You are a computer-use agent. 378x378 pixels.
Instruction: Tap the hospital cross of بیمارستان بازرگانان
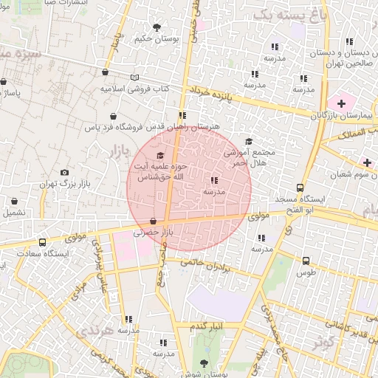pos(341,100)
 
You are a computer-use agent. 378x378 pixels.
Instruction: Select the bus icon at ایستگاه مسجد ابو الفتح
pos(299,188)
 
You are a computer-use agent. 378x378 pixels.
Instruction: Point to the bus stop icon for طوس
pos(306,261)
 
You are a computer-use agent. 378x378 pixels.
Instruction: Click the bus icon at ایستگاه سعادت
pos(42,241)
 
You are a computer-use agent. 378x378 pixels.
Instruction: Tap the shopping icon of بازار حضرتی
pos(153,221)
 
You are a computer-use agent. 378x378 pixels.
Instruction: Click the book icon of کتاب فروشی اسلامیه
pos(134,78)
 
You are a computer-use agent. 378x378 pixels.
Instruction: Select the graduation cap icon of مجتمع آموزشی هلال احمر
pos(248,141)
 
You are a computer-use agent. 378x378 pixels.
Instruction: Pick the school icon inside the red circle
pos(214,179)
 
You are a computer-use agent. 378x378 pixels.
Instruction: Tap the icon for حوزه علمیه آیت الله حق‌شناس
pos(160,155)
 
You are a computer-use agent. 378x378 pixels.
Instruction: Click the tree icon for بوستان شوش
pos(205,363)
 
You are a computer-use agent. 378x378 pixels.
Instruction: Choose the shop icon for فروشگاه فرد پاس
pos(113,116)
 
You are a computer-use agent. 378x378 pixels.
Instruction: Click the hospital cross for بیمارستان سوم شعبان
pos(367,162)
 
